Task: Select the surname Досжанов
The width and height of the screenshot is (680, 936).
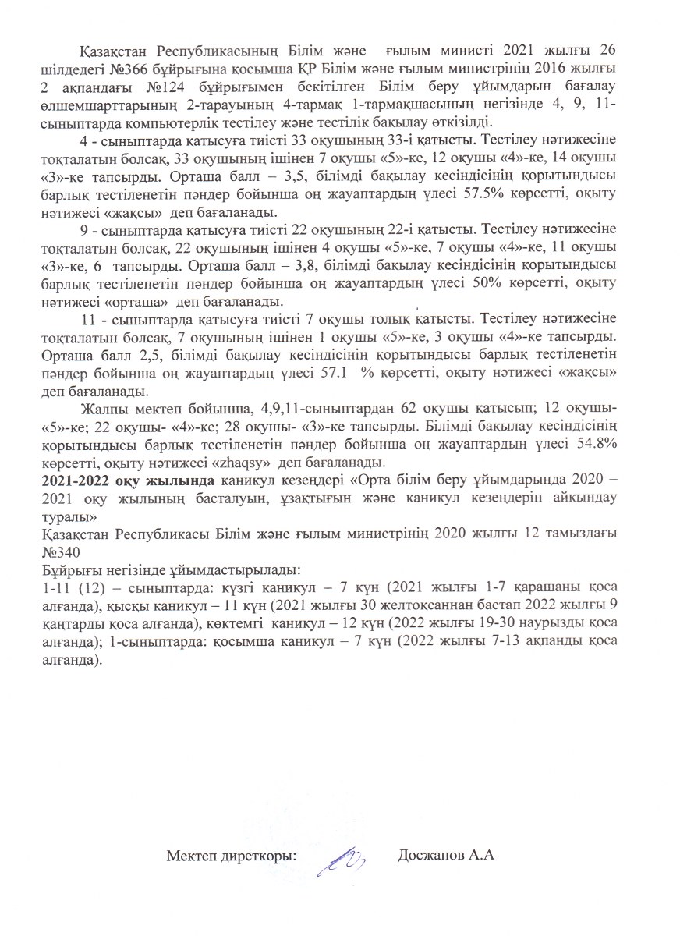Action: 430,856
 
